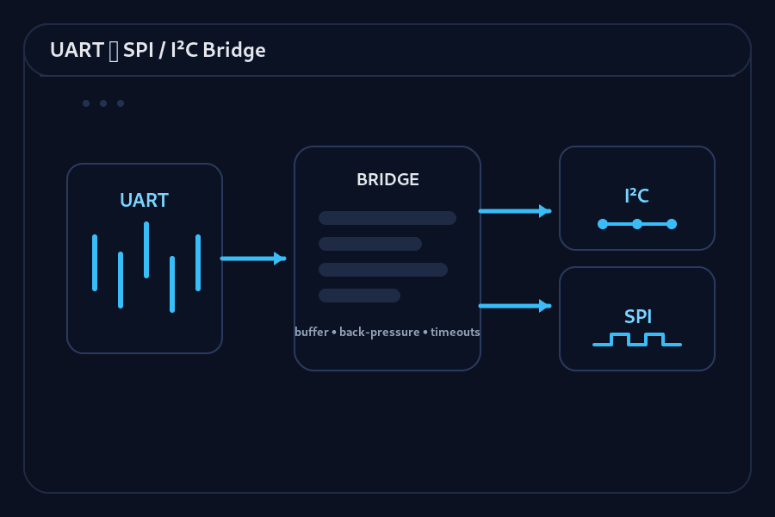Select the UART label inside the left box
[x=144, y=201]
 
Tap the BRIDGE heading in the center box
[x=387, y=180]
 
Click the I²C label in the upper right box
[x=636, y=196]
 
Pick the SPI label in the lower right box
[x=636, y=317]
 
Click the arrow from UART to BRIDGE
[x=252, y=258]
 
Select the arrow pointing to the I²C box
[x=514, y=211]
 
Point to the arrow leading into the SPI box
[x=514, y=306]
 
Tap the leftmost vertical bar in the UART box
[x=95, y=263]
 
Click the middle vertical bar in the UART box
[x=146, y=250]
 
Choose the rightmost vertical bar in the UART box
[x=198, y=263]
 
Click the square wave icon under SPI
[x=637, y=339]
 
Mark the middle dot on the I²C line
[x=637, y=224]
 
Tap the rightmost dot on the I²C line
[x=672, y=224]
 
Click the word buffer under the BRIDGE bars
[x=312, y=333]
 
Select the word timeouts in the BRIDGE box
[x=456, y=333]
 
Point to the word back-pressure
[x=380, y=333]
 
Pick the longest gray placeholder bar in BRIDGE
[x=387, y=218]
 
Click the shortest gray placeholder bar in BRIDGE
[x=359, y=296]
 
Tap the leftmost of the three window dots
[x=86, y=103]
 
